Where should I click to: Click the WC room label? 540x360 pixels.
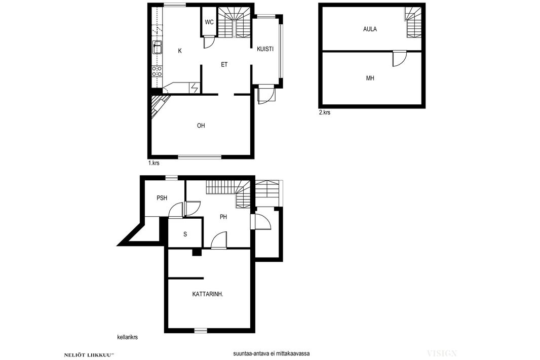tap(209, 22)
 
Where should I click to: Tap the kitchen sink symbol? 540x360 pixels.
tap(158, 48)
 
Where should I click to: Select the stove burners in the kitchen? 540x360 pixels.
tap(158, 71)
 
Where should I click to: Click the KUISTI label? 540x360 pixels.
tap(265, 49)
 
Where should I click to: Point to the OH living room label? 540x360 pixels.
tap(201, 126)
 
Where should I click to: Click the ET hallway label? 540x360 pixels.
tap(224, 64)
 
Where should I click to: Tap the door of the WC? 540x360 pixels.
tap(209, 43)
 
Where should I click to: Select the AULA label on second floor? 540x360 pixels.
tap(370, 29)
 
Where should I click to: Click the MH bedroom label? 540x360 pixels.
tap(370, 78)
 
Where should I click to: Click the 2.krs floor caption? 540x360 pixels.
tap(324, 112)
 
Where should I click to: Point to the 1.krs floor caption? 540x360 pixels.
tap(153, 163)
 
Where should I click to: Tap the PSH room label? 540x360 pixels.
tap(162, 198)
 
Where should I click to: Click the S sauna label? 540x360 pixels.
tap(185, 234)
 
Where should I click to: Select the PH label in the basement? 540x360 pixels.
tap(223, 217)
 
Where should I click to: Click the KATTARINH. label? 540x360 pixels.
tap(208, 294)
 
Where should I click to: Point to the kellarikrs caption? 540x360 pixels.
tap(128, 337)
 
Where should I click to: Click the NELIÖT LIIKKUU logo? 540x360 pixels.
tap(89, 354)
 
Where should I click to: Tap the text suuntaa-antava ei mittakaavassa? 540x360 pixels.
tap(271, 353)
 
